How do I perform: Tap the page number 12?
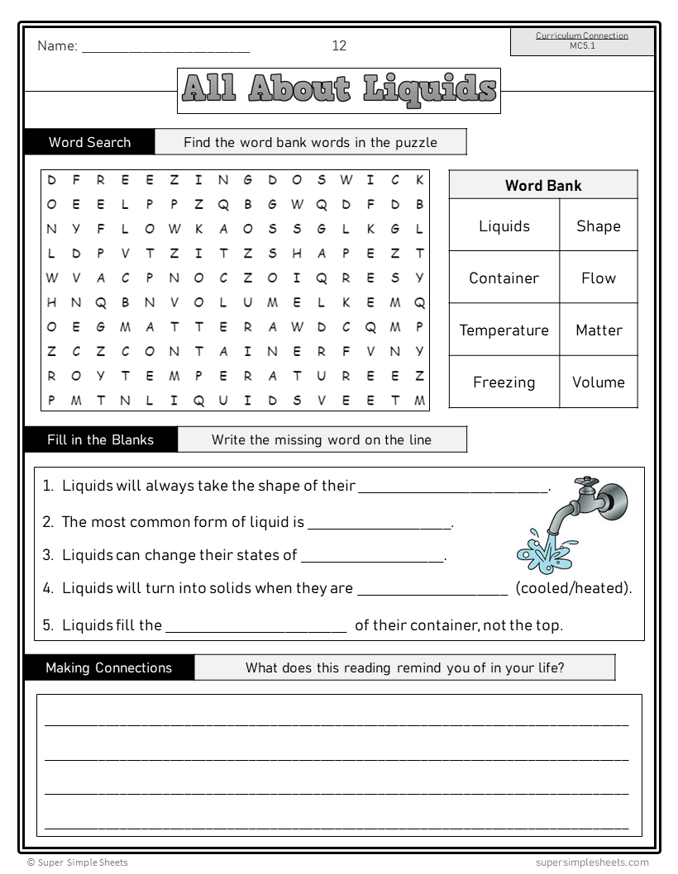point(339,45)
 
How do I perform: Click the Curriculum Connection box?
point(581,41)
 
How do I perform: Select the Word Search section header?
point(89,142)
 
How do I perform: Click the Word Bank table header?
point(543,185)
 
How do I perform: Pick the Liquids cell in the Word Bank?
point(504,226)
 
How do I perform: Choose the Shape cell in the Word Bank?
point(599,226)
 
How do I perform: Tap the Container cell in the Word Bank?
point(504,278)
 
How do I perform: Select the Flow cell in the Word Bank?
point(599,278)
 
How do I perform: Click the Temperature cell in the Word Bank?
point(504,330)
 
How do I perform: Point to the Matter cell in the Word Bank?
point(599,330)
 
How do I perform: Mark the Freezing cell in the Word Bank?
point(504,382)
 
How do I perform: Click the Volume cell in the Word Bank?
point(599,382)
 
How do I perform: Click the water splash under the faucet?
point(538,553)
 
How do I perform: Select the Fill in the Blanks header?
point(100,439)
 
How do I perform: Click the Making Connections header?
point(108,667)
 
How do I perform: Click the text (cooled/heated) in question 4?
point(574,588)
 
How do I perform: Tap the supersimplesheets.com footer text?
point(592,862)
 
